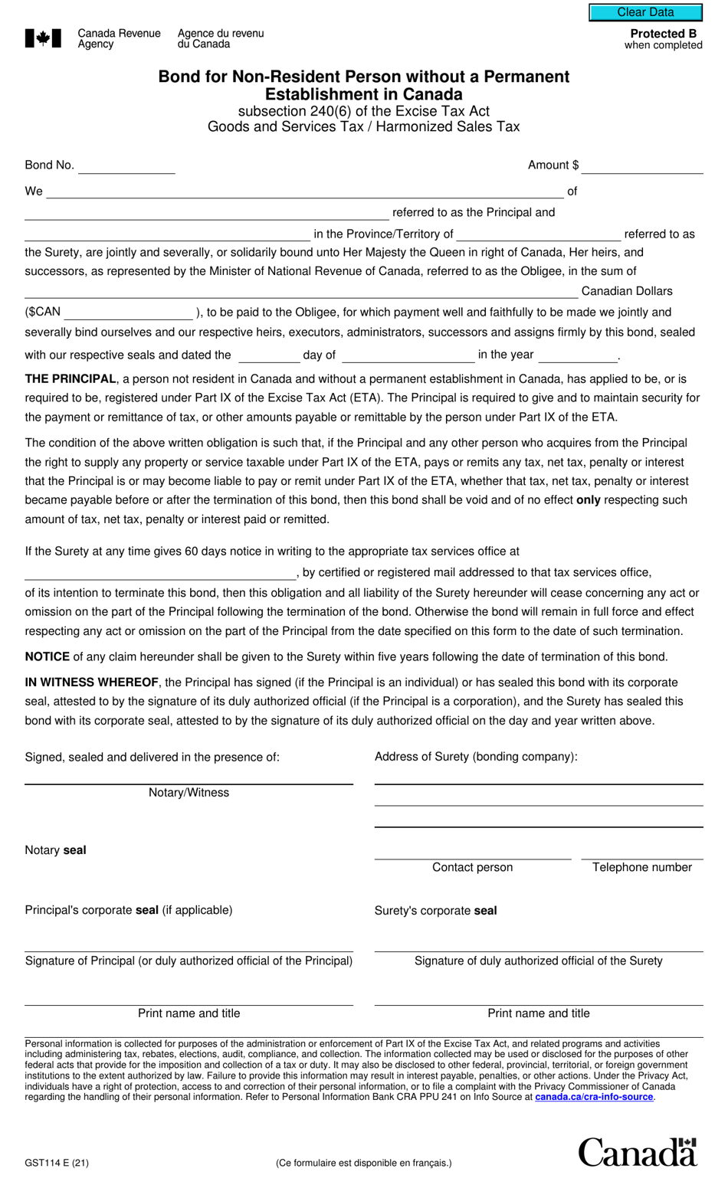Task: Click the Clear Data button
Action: tap(645, 12)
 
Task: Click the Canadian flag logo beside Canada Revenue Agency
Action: tap(43, 38)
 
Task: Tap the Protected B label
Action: tap(663, 34)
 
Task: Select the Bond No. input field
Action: tap(126, 166)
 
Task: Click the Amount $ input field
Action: tap(641, 166)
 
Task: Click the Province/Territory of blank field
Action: tap(539, 234)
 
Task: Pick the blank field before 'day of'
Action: tap(268, 355)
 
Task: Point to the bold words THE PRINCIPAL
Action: tap(71, 379)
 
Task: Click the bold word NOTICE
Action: tap(48, 657)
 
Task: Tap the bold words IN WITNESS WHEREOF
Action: tap(92, 682)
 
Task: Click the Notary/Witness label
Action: tap(189, 793)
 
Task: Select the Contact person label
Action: tap(472, 867)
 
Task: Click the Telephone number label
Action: tap(641, 867)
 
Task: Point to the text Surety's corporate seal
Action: tap(435, 911)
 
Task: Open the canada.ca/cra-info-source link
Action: tap(594, 1097)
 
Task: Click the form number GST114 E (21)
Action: tap(57, 1163)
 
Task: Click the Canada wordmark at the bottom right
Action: tap(637, 1153)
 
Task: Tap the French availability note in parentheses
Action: tap(364, 1163)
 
